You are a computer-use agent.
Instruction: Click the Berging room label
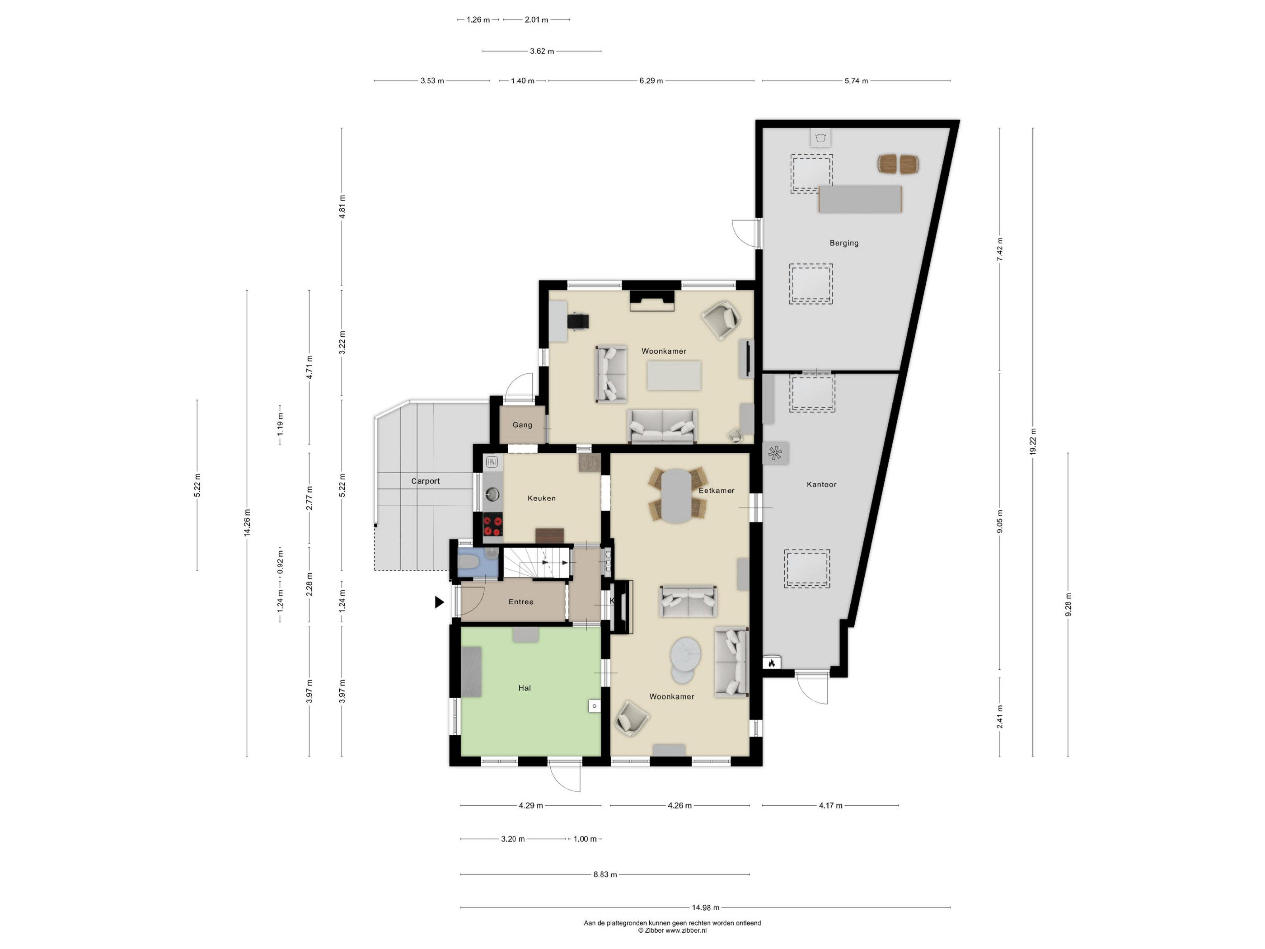pos(844,243)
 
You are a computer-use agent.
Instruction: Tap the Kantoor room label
pos(821,484)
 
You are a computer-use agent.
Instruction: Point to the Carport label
pos(426,481)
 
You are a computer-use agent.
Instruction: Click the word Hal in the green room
pos(525,688)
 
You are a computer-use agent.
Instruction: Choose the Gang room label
pos(522,425)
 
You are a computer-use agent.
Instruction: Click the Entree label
pos(521,602)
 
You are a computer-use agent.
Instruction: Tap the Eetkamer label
pos(717,491)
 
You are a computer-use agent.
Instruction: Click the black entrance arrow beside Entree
pos(439,602)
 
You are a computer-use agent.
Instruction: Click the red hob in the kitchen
pos(493,526)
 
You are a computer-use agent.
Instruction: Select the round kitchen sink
pos(492,493)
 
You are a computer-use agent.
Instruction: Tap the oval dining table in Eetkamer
pos(676,496)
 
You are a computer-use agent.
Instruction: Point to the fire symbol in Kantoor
pos(772,663)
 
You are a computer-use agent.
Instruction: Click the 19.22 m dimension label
pos(1033,442)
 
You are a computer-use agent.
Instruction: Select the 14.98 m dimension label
pos(706,907)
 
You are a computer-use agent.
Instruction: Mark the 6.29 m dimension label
pos(651,80)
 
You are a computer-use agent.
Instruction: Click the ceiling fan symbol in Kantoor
pos(775,454)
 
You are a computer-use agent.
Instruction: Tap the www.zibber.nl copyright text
pos(673,930)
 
